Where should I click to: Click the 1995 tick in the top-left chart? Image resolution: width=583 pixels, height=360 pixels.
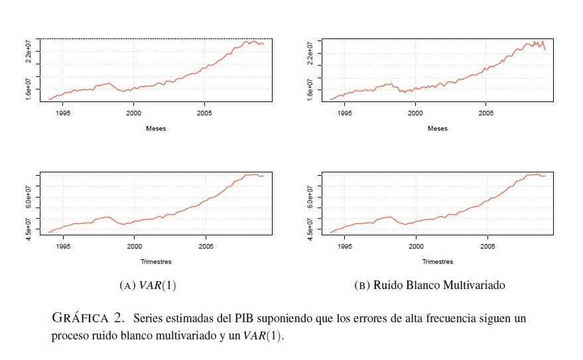[x=63, y=113]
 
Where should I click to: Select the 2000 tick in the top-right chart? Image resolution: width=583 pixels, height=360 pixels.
[x=415, y=113]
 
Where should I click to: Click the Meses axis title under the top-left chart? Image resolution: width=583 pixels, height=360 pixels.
[x=156, y=129]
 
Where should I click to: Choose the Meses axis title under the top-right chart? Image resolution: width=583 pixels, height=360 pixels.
[x=437, y=129]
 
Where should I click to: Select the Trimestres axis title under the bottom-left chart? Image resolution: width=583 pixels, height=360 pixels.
[x=156, y=262]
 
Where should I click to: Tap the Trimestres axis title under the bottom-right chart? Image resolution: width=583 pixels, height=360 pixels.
[x=437, y=262]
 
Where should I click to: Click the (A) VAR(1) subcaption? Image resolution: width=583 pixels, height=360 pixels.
[x=147, y=286]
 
